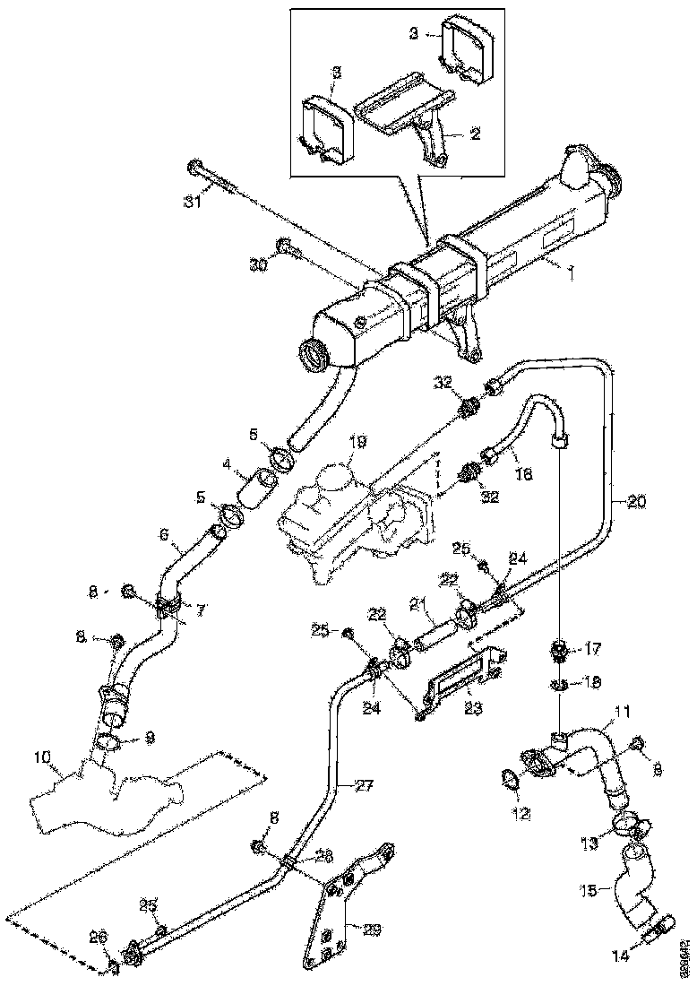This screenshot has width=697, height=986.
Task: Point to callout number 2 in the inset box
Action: (476, 134)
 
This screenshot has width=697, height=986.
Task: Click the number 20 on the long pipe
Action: (634, 503)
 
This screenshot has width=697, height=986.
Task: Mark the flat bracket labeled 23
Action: (460, 694)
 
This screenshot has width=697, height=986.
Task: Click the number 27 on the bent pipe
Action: (363, 786)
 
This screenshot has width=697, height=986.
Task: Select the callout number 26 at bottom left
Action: (99, 938)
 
